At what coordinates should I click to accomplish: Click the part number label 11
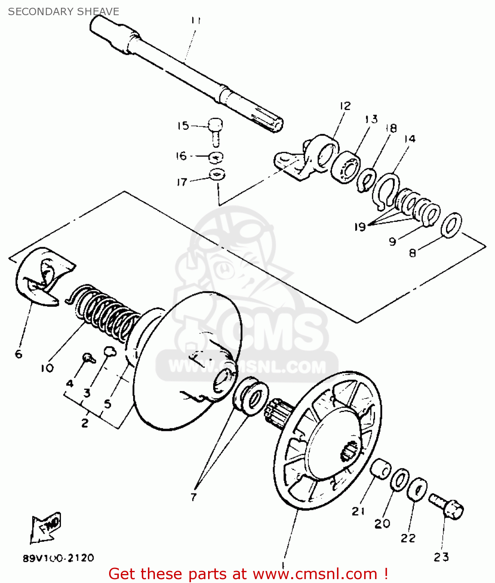[x=196, y=20]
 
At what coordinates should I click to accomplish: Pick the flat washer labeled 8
[x=452, y=225]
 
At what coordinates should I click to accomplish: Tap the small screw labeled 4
[x=89, y=357]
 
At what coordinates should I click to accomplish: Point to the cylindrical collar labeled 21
[x=380, y=469]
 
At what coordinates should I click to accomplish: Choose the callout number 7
[x=194, y=496]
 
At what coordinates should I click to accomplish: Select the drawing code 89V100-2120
[x=58, y=558]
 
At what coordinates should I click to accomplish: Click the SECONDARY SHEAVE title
[x=63, y=12]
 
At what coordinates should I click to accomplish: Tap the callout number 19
[x=360, y=226]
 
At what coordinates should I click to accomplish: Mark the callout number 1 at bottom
[x=283, y=564]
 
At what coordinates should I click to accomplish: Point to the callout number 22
[x=408, y=538]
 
